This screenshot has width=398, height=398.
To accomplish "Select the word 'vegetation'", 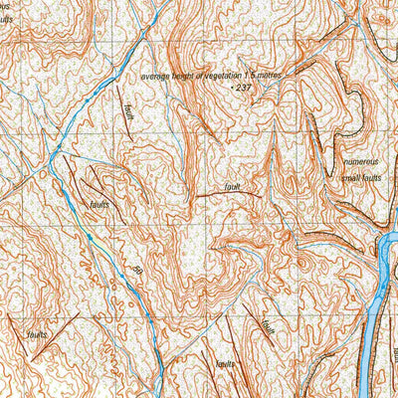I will click(x=222, y=77).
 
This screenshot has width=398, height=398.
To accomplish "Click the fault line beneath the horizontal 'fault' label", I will click(x=229, y=195).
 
